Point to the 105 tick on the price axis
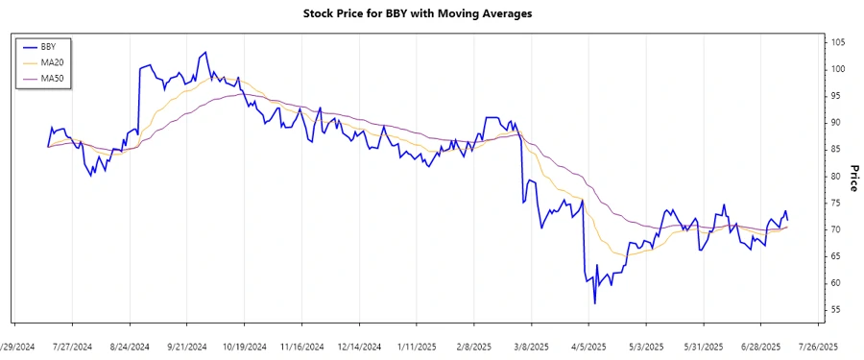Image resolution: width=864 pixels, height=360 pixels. [838, 42]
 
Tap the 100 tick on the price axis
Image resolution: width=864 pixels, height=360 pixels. [838, 69]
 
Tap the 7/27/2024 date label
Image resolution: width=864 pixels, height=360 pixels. [72, 346]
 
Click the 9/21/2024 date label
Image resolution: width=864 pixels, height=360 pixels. [187, 346]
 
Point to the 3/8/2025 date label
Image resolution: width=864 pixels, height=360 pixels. [531, 346]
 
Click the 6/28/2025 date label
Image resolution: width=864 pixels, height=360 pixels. [760, 346]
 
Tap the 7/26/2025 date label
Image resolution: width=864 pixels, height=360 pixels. [818, 346]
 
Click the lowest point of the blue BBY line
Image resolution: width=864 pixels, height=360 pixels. [594, 303]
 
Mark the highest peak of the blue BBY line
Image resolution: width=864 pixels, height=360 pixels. [204, 53]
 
